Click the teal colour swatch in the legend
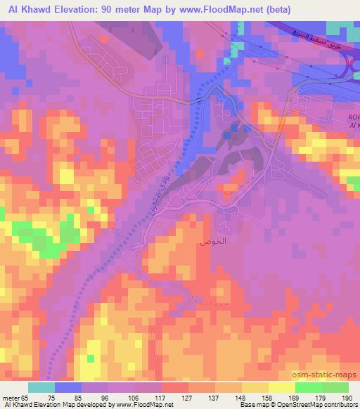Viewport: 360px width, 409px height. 41,387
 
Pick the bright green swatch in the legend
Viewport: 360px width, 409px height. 307,387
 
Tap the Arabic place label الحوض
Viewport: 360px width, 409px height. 212,240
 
